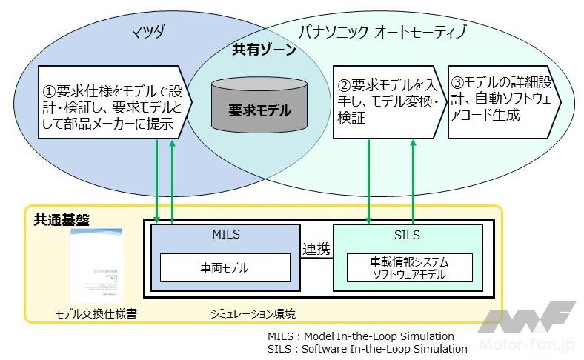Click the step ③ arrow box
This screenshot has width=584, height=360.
click(500, 103)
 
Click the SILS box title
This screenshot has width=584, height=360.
click(408, 236)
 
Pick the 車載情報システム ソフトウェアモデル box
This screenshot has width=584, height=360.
click(409, 268)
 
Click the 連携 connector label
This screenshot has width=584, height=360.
click(316, 250)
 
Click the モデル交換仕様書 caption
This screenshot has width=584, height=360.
click(96, 314)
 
